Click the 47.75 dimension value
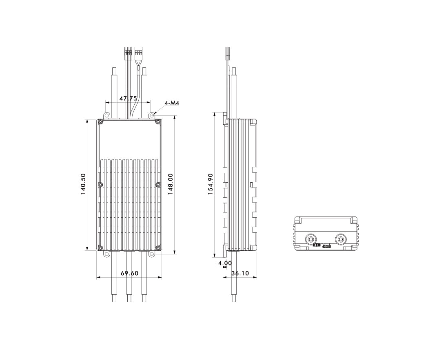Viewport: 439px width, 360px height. coord(128,99)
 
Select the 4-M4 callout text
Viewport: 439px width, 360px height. coord(172,103)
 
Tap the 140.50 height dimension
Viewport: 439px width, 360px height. coord(83,184)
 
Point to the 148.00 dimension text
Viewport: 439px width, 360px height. coord(171,184)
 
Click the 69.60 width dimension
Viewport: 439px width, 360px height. coord(129,273)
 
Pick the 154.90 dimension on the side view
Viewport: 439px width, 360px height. coord(211,184)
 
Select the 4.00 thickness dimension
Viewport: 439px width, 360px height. coord(225,263)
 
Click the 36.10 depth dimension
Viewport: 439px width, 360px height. coord(240,273)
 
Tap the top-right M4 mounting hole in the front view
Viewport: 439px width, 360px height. coord(152,115)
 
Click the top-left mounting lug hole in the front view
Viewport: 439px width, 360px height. coord(106,115)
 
